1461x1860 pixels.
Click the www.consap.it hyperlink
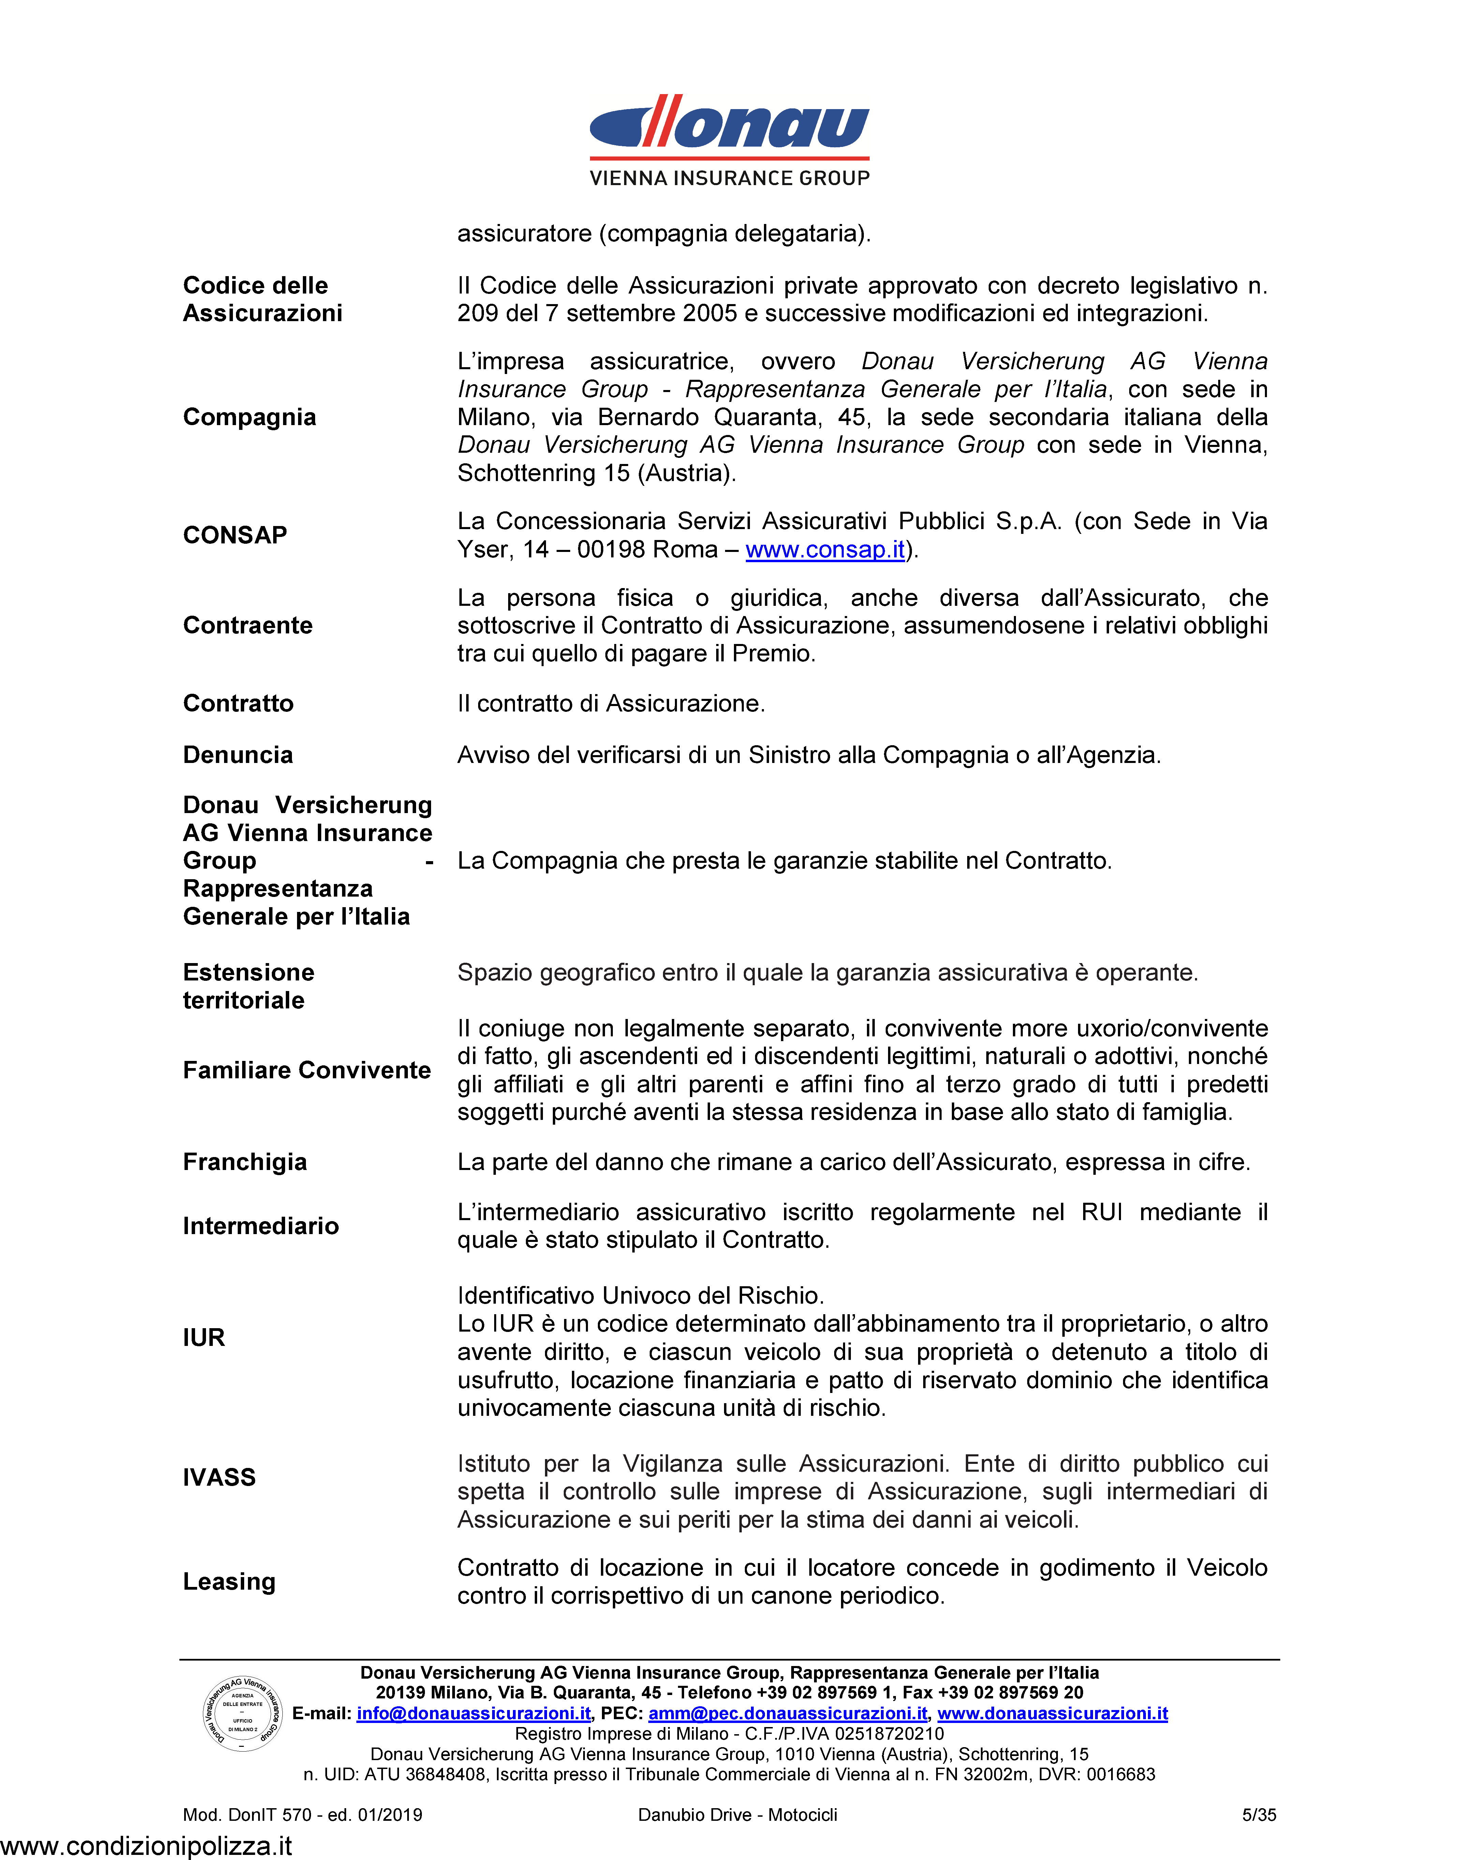825,549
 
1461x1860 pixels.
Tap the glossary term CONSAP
235,535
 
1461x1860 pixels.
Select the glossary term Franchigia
245,1162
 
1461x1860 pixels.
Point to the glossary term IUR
204,1337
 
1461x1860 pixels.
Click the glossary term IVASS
219,1477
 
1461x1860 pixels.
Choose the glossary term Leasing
229,1581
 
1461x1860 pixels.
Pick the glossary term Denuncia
238,755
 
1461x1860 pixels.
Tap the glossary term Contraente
247,625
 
